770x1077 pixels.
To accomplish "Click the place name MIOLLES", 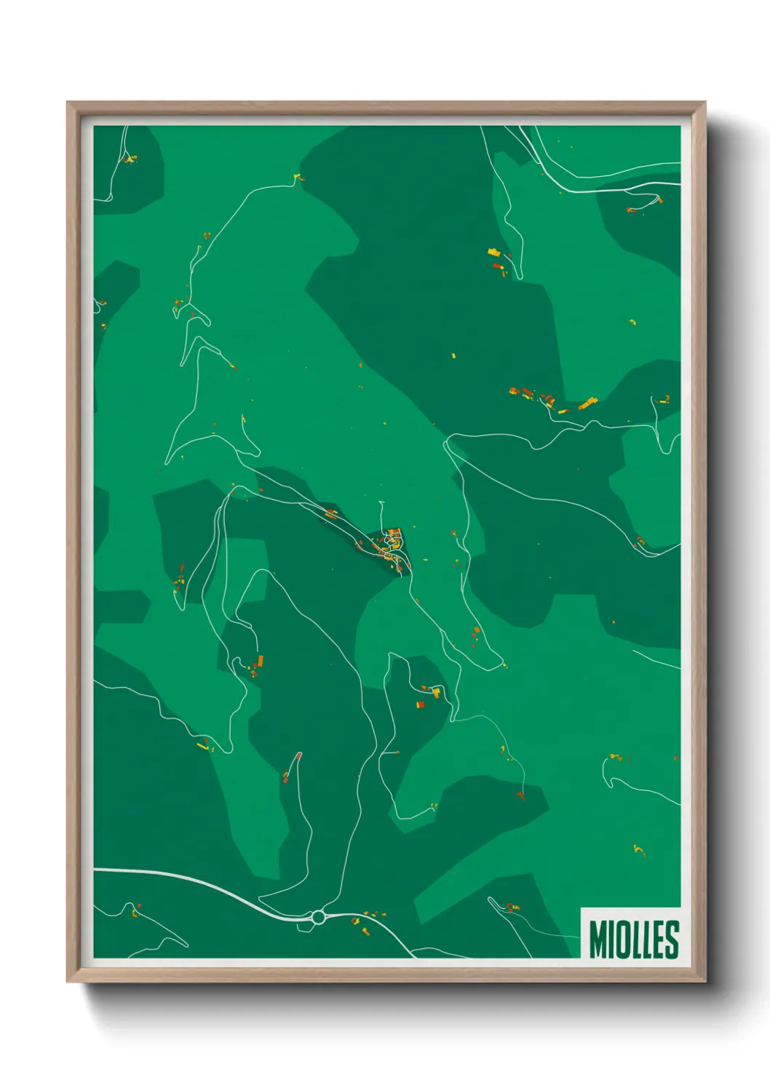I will click(633, 939).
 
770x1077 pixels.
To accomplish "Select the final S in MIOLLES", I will click(672, 939).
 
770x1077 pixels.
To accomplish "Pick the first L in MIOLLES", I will click(638, 939).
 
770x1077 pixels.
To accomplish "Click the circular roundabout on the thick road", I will click(318, 918).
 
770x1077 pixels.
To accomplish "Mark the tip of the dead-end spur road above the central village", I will click(381, 502).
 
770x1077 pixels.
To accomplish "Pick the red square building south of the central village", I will click(420, 704).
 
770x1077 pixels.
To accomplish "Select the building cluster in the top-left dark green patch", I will click(129, 159).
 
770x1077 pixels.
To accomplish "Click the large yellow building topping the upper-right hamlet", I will click(494, 252).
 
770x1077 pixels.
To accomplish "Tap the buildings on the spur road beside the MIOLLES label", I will click(512, 907).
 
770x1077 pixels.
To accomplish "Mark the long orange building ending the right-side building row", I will click(587, 402).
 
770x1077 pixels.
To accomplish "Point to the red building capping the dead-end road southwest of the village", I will click(298, 755).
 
